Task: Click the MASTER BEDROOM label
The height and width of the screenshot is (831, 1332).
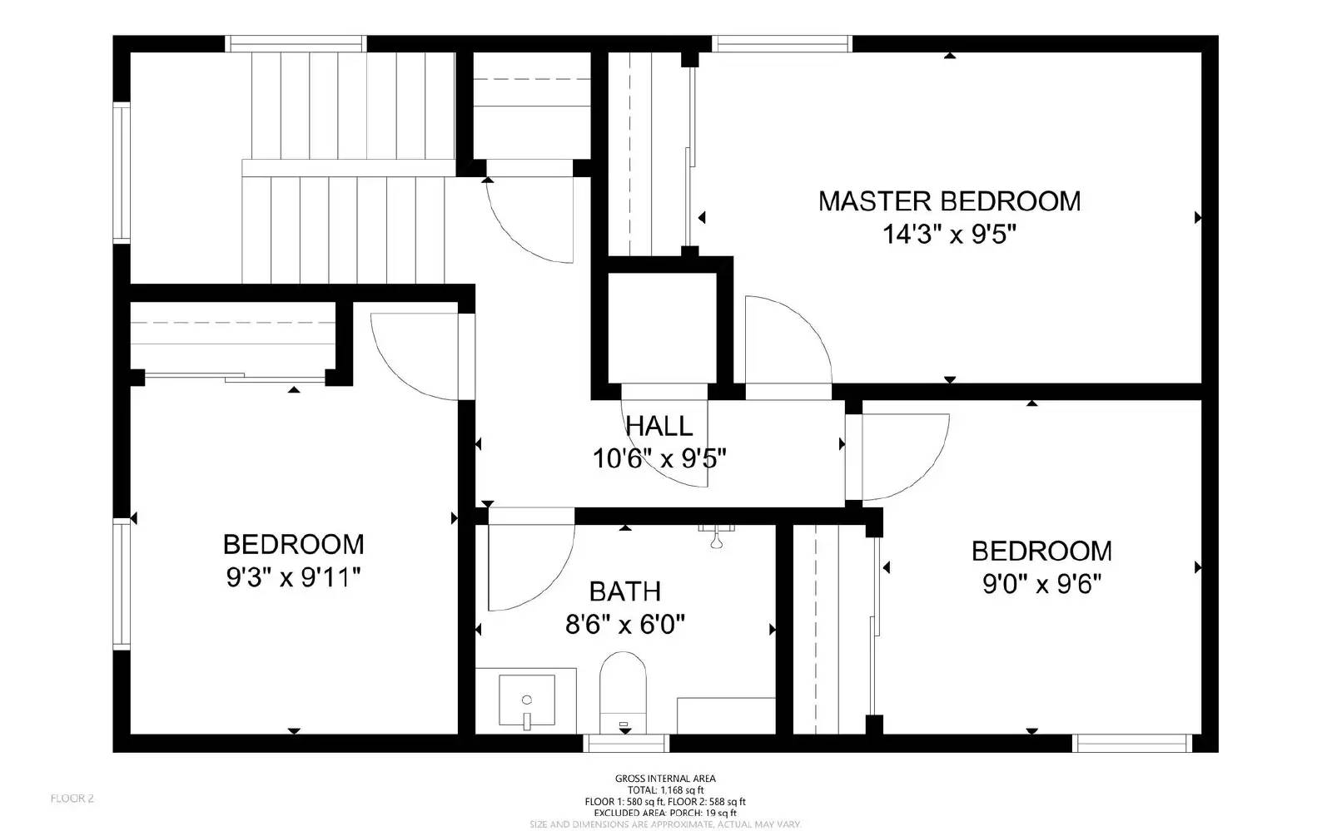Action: pos(949,201)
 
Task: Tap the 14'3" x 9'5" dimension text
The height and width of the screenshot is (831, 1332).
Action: pos(950,235)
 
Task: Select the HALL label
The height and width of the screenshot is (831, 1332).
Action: pos(659,426)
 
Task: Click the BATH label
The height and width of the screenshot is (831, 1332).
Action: pos(625,591)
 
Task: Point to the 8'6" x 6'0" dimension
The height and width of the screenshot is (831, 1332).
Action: pos(625,624)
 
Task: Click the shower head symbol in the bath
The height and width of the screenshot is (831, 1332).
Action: pos(715,537)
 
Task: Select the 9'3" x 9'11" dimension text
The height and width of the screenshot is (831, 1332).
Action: pos(293,577)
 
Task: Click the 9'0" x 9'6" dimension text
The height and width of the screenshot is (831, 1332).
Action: pos(1041,585)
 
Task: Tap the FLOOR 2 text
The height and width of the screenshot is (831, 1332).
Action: pos(72,799)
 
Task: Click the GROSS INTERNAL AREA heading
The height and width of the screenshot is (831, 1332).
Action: pos(665,779)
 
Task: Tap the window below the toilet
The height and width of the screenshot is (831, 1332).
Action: pos(627,742)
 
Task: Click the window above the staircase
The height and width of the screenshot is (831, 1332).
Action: pos(296,43)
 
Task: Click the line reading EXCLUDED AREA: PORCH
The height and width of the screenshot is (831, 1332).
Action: pos(665,813)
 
